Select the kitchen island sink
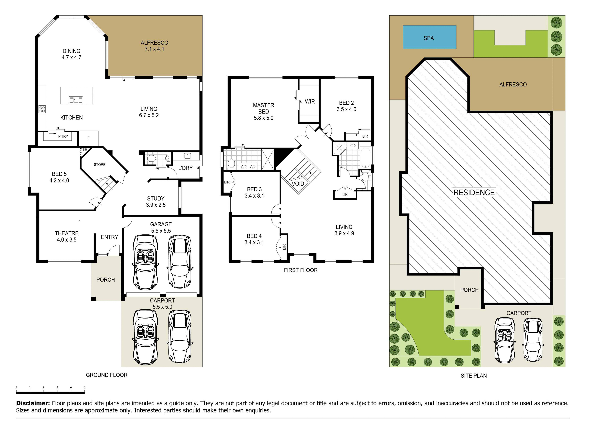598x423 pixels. pyautogui.click(x=76, y=100)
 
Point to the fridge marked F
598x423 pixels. pyautogui.click(x=88, y=138)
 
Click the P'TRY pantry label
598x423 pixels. pyautogui.click(x=63, y=136)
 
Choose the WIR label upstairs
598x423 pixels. pyautogui.click(x=310, y=102)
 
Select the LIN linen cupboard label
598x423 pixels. pyautogui.click(x=345, y=195)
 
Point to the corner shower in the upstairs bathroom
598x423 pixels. pyautogui.click(x=339, y=148)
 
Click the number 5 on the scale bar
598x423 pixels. pyautogui.click(x=84, y=387)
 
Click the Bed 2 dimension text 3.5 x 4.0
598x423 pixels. pyautogui.click(x=346, y=109)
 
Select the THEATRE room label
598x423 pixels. pyautogui.click(x=67, y=233)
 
